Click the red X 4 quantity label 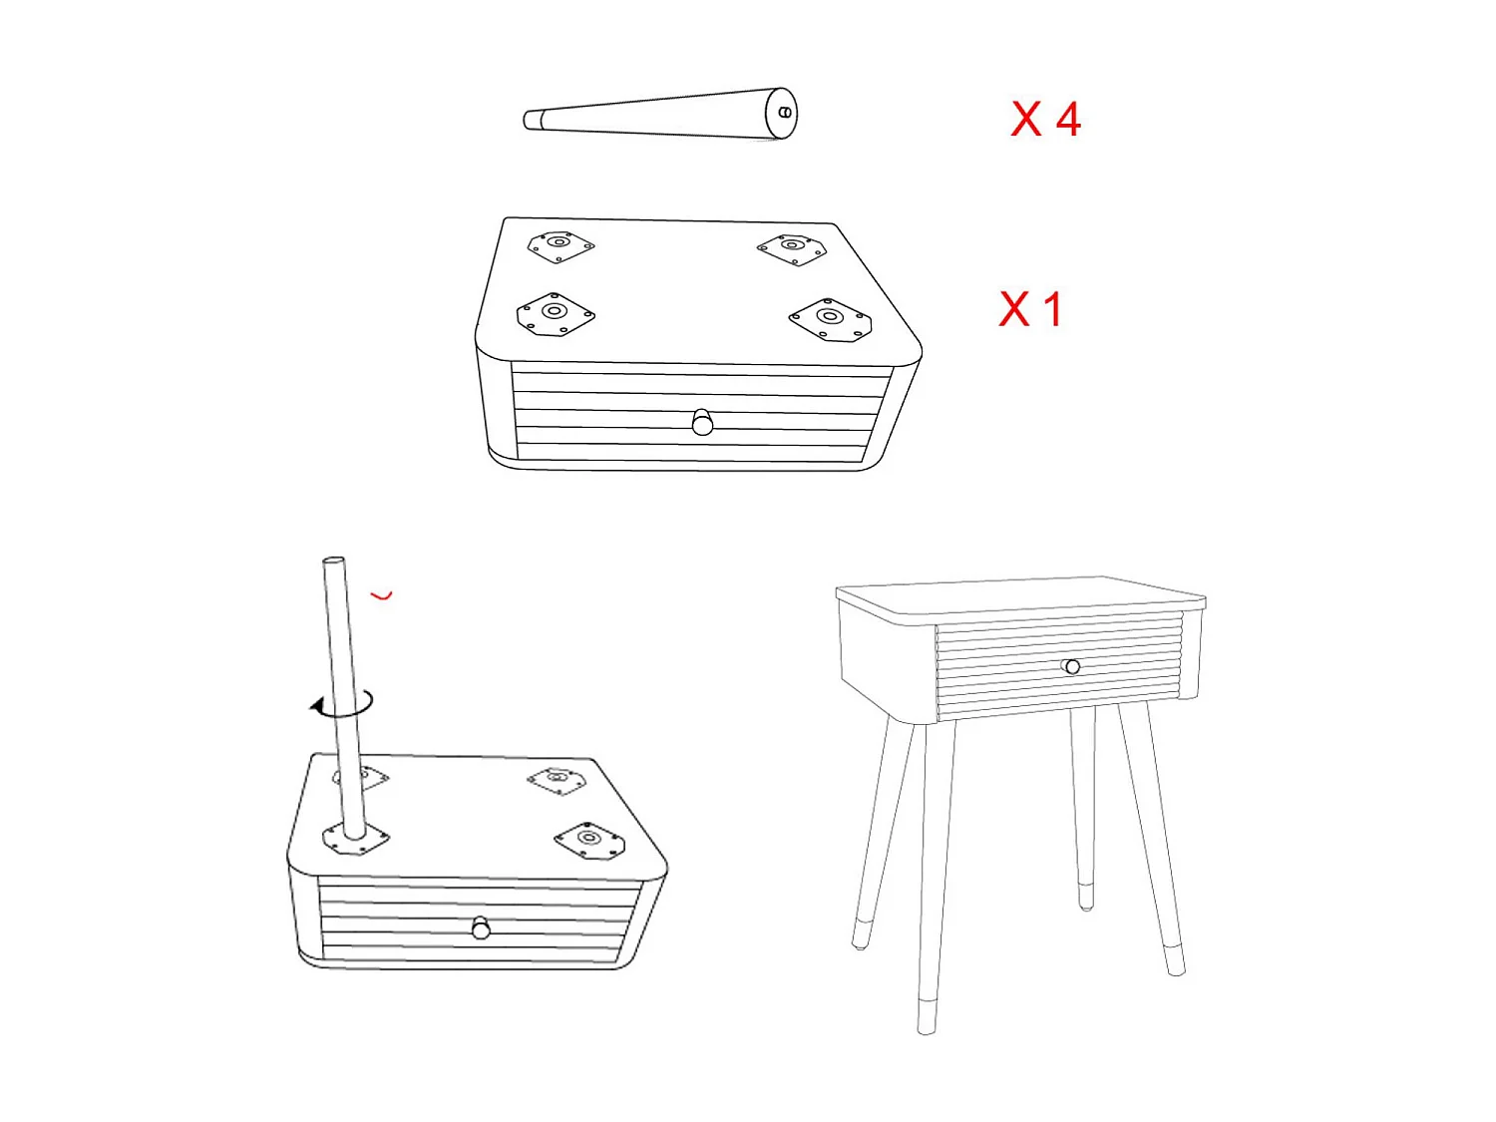click(1045, 120)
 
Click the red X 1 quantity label click(1030, 309)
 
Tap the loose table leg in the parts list click(658, 115)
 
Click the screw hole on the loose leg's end click(785, 113)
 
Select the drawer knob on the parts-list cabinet click(702, 423)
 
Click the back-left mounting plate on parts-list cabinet click(561, 244)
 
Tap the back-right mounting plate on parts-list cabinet click(792, 247)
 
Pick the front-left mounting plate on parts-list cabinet click(556, 314)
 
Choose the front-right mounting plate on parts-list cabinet click(830, 320)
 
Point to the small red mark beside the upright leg click(382, 596)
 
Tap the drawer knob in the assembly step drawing click(481, 929)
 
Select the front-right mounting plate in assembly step click(589, 841)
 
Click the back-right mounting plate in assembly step click(559, 780)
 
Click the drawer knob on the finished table click(1072, 666)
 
